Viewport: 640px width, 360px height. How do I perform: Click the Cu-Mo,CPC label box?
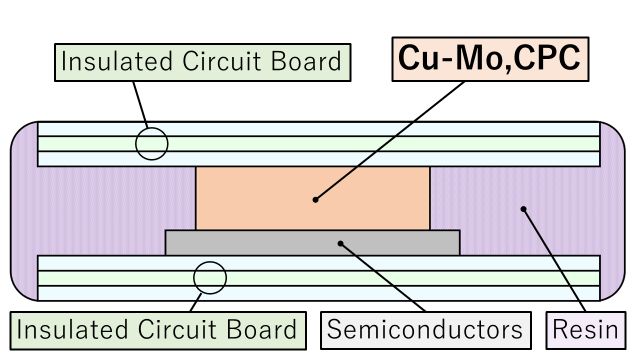tap(490, 59)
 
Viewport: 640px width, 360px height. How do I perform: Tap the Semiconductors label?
tap(425, 330)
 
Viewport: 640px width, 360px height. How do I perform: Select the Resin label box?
tap(585, 330)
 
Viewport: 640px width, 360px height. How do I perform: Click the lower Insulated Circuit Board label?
tap(157, 330)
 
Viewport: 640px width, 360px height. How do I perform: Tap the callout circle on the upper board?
tap(151, 143)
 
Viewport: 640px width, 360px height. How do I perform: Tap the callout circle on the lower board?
tap(210, 277)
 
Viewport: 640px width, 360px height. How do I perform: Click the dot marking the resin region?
tap(523, 209)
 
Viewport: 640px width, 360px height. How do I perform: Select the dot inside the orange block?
tap(315, 199)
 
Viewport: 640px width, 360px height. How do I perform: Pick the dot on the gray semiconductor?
tap(340, 243)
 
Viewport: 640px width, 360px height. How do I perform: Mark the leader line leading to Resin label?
tap(555, 260)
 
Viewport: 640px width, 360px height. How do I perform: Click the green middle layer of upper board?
tap(350, 143)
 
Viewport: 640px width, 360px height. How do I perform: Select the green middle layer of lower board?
tap(350, 277)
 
